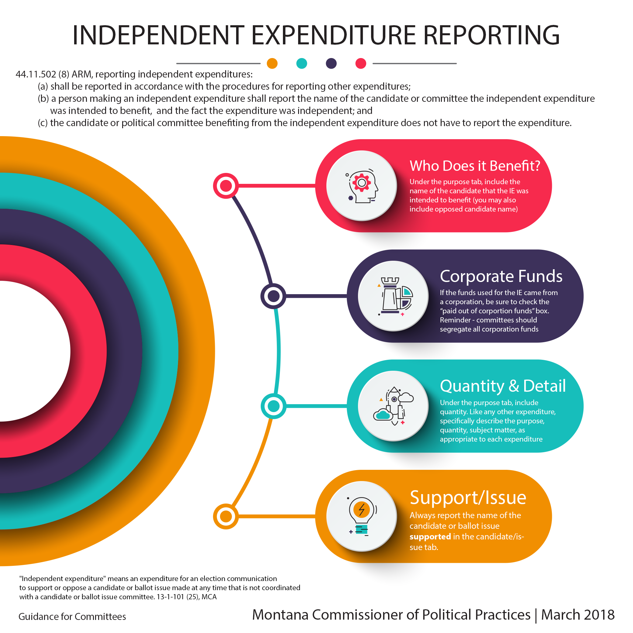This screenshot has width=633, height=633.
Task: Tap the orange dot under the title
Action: [272, 63]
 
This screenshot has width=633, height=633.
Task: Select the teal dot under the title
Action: [301, 63]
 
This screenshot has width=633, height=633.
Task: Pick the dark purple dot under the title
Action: [331, 63]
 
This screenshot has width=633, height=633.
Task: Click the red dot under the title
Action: [361, 63]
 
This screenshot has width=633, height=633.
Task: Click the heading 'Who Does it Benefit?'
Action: [474, 166]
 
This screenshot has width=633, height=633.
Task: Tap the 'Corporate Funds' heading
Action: [501, 276]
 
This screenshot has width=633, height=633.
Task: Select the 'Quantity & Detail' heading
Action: [503, 386]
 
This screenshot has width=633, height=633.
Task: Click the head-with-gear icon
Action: [362, 186]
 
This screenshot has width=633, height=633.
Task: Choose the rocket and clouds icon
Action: [393, 406]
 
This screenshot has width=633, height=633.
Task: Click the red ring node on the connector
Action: [226, 186]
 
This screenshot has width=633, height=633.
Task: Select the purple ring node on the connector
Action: [273, 296]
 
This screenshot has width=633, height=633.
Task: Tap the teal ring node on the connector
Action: [273, 406]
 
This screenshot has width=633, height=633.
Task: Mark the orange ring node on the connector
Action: [226, 516]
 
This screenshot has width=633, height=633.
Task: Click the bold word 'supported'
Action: [430, 536]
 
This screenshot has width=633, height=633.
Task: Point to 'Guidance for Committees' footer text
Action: [72, 617]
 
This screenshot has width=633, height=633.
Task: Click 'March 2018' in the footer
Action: [578, 615]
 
